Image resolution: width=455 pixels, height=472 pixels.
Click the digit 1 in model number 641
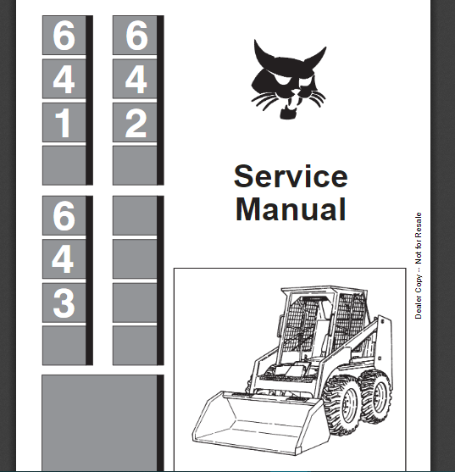point(64,123)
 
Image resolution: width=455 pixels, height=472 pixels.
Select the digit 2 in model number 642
point(136,123)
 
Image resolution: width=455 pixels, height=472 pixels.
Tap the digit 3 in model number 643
point(64,303)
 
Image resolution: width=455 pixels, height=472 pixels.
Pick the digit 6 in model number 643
point(64,215)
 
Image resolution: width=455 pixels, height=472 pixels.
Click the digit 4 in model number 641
point(64,79)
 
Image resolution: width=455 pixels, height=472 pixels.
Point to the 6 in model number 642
point(136,36)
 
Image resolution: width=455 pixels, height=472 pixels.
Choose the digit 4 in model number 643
point(63,258)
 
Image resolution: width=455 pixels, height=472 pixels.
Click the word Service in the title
point(291,176)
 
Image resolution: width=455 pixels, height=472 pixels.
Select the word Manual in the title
point(291,209)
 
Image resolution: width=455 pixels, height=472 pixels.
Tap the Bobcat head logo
point(288,79)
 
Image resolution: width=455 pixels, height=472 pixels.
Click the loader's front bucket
point(258,421)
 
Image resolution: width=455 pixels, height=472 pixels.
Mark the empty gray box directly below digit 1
point(64,165)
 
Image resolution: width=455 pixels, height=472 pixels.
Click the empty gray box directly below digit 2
point(135,165)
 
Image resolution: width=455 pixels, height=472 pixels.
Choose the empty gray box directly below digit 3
point(64,346)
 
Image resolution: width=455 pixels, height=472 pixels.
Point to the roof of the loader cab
point(324,290)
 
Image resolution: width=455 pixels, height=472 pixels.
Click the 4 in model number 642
point(136,79)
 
